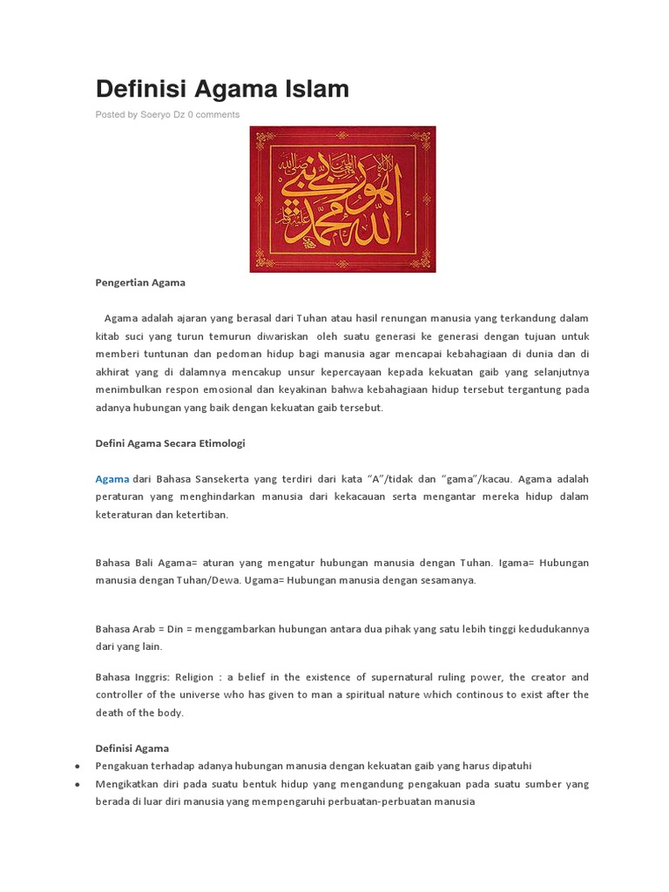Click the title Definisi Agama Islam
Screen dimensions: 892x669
[222, 88]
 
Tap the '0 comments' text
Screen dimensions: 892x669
[213, 114]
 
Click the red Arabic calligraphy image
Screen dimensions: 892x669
[342, 199]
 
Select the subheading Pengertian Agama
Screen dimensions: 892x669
[139, 282]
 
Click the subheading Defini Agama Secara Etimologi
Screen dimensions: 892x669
[170, 443]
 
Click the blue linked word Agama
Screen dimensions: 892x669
[111, 478]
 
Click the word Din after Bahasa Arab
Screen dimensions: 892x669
[175, 628]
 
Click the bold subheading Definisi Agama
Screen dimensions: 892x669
[132, 747]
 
